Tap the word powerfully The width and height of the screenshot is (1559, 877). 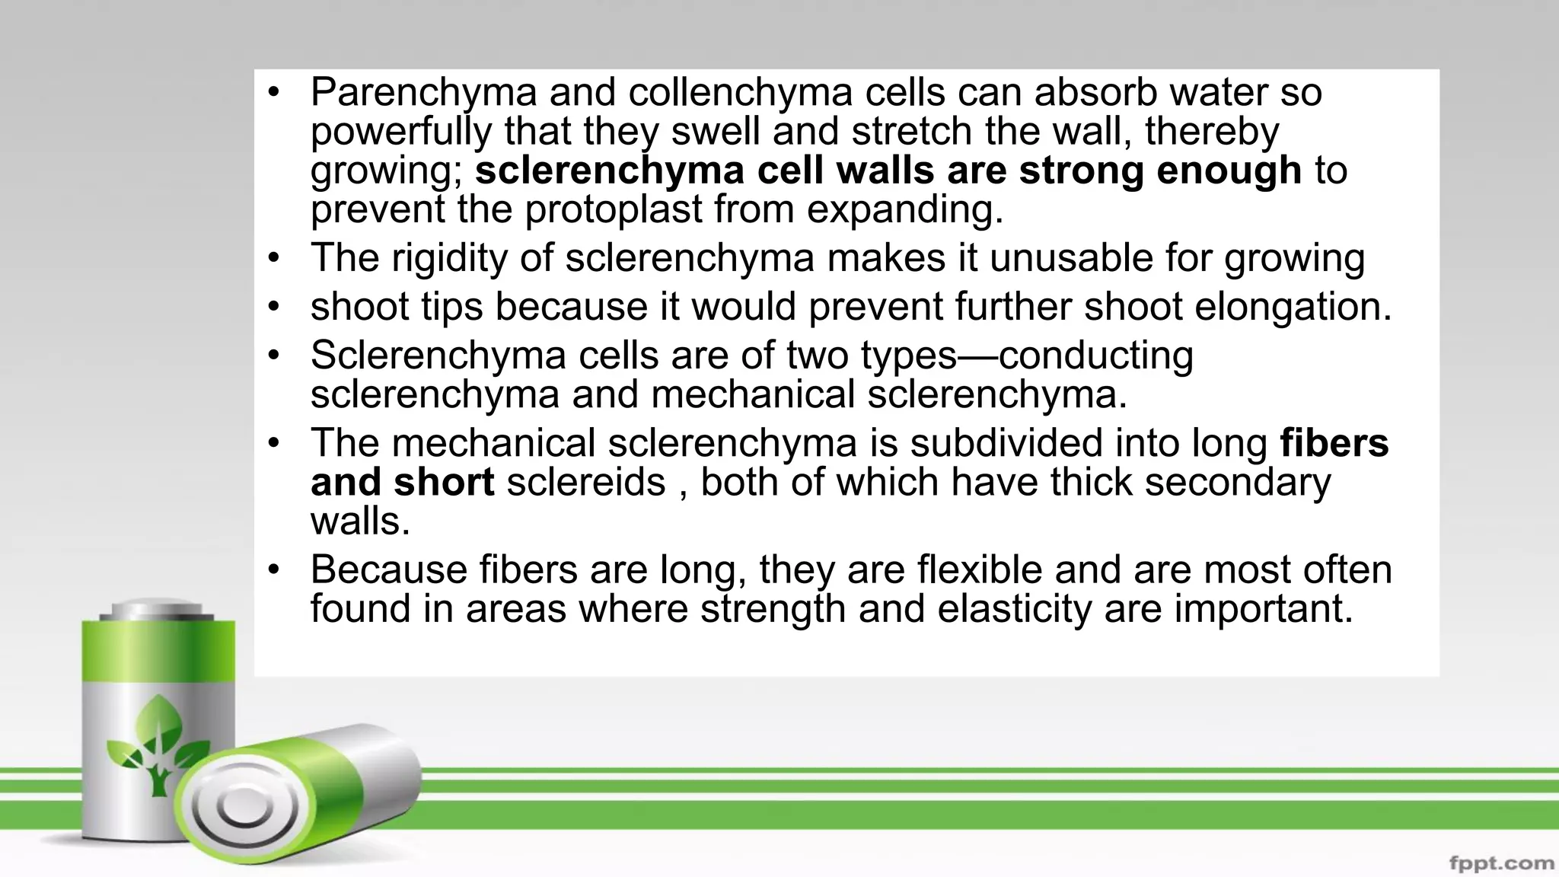click(400, 132)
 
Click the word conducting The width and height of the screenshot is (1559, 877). click(1095, 356)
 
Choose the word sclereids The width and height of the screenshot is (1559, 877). click(586, 483)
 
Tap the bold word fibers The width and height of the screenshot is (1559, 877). click(1334, 444)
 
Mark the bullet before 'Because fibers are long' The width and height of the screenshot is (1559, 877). click(274, 569)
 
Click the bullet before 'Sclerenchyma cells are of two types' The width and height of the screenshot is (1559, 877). click(274, 355)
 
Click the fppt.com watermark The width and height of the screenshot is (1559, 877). click(1501, 863)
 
